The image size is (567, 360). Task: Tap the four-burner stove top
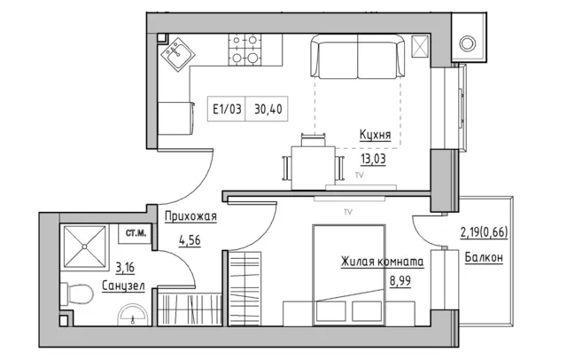tap(245, 50)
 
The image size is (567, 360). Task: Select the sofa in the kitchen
tap(357, 56)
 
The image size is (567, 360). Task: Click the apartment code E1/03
tap(227, 108)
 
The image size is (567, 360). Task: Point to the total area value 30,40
tap(268, 108)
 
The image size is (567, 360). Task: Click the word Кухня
tap(376, 135)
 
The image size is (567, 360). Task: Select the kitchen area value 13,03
tap(373, 159)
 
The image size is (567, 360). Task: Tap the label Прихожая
tap(190, 216)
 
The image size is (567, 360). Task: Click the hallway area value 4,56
tap(190, 240)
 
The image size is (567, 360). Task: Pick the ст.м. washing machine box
tap(136, 233)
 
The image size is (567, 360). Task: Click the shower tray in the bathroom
tap(85, 247)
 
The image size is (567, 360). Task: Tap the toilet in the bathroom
tap(77, 293)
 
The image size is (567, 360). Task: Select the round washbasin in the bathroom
tap(133, 315)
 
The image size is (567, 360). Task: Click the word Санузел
tap(123, 286)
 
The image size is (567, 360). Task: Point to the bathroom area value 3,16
tap(125, 268)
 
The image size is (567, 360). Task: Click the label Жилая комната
tap(382, 262)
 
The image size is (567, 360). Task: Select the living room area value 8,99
tap(400, 281)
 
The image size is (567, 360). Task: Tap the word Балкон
tap(484, 257)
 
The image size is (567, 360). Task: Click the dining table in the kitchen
tap(313, 168)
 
